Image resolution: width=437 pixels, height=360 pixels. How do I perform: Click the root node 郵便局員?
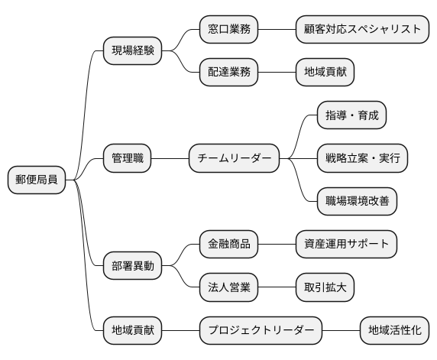[x=36, y=180]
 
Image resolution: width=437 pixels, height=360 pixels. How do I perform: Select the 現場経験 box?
[x=133, y=51]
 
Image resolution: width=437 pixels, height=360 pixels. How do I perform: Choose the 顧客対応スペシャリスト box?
[x=361, y=30]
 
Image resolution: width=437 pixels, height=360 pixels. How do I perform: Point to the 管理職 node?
[x=128, y=159]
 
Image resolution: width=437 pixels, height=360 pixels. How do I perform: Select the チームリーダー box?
[x=234, y=159]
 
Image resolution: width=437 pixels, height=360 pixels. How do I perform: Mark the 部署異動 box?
[x=133, y=266]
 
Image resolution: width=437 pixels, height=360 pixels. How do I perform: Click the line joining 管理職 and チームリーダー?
[x=170, y=159]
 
